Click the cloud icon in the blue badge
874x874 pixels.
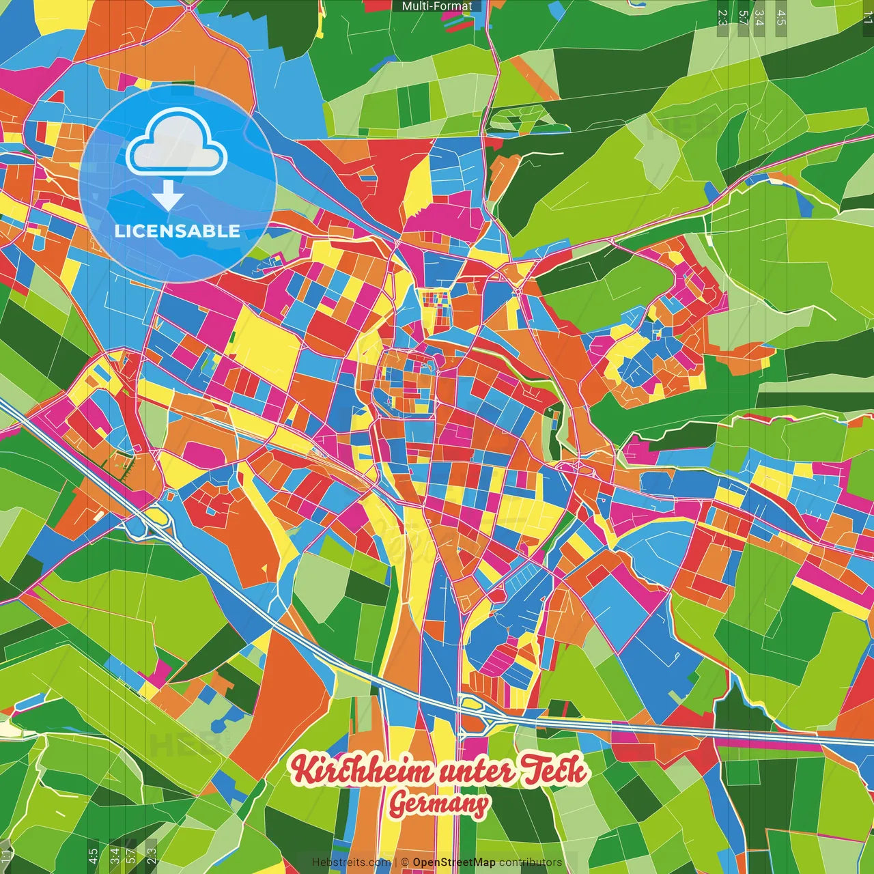(x=177, y=144)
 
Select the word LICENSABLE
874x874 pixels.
(x=178, y=231)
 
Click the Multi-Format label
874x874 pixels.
(x=437, y=6)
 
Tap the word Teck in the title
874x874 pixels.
(x=555, y=770)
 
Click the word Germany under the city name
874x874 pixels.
(x=439, y=804)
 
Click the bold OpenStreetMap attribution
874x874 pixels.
(x=454, y=862)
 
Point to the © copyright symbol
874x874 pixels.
(x=405, y=862)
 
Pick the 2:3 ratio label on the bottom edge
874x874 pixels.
(x=152, y=854)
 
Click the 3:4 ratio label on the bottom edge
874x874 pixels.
(x=114, y=854)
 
